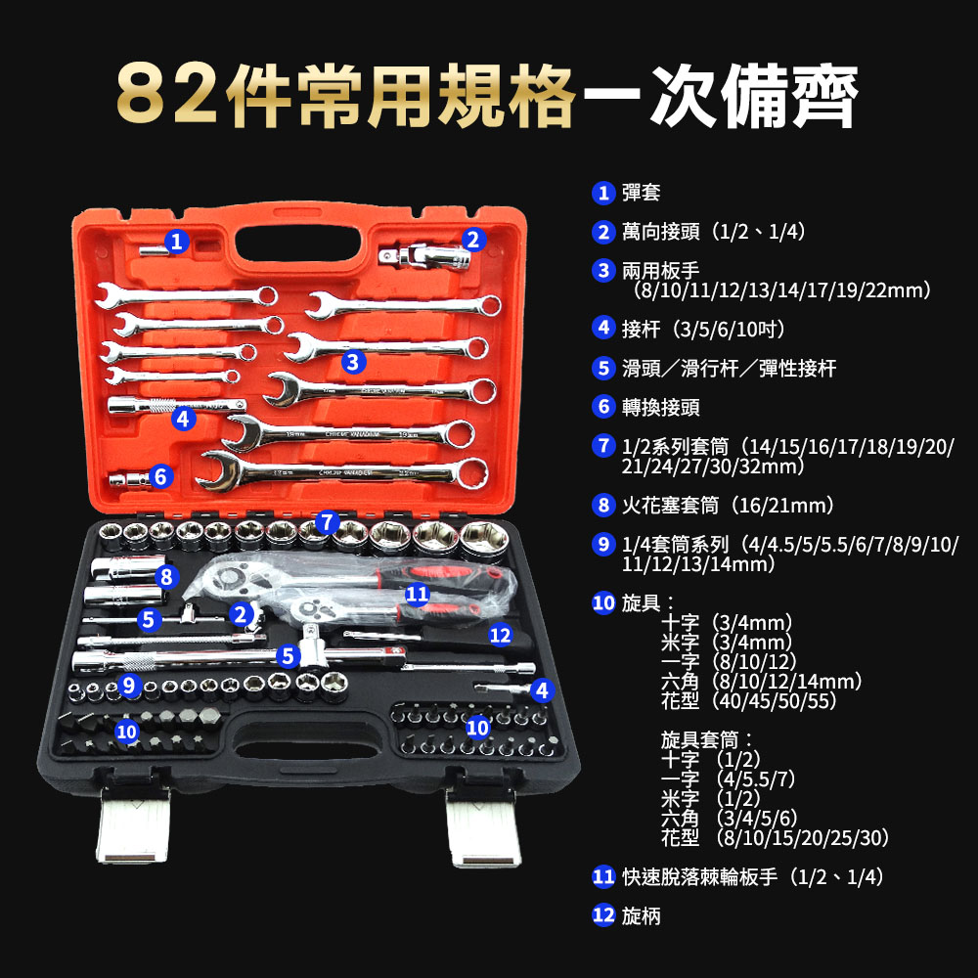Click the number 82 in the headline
click(x=167, y=95)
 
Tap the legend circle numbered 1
click(x=603, y=193)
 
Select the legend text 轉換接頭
click(x=660, y=407)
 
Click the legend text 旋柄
click(x=642, y=915)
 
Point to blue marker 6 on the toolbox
click(x=160, y=476)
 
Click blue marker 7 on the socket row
click(x=328, y=522)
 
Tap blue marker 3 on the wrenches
click(x=353, y=362)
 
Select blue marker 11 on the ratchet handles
click(x=418, y=594)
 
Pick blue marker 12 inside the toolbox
click(x=500, y=635)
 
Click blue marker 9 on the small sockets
click(x=129, y=685)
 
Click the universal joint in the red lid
click(x=424, y=256)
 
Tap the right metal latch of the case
click(x=483, y=828)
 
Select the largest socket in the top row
click(x=484, y=541)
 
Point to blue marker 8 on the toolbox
click(x=166, y=576)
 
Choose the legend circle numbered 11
click(x=603, y=877)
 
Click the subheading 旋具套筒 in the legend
click(x=699, y=740)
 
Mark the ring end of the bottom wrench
click(x=471, y=472)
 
